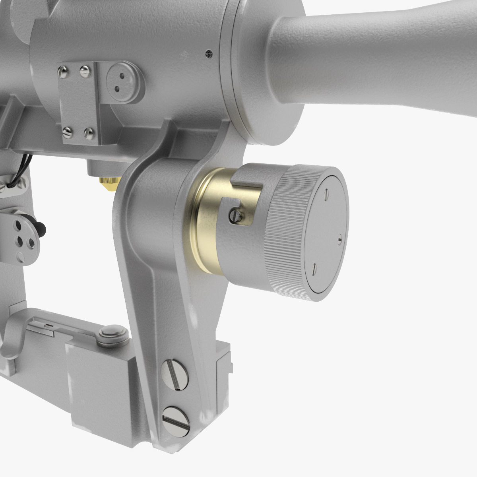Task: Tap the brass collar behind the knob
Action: click(207, 223)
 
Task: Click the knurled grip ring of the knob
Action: click(286, 235)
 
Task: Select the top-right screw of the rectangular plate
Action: click(84, 72)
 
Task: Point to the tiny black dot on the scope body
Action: click(208, 53)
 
